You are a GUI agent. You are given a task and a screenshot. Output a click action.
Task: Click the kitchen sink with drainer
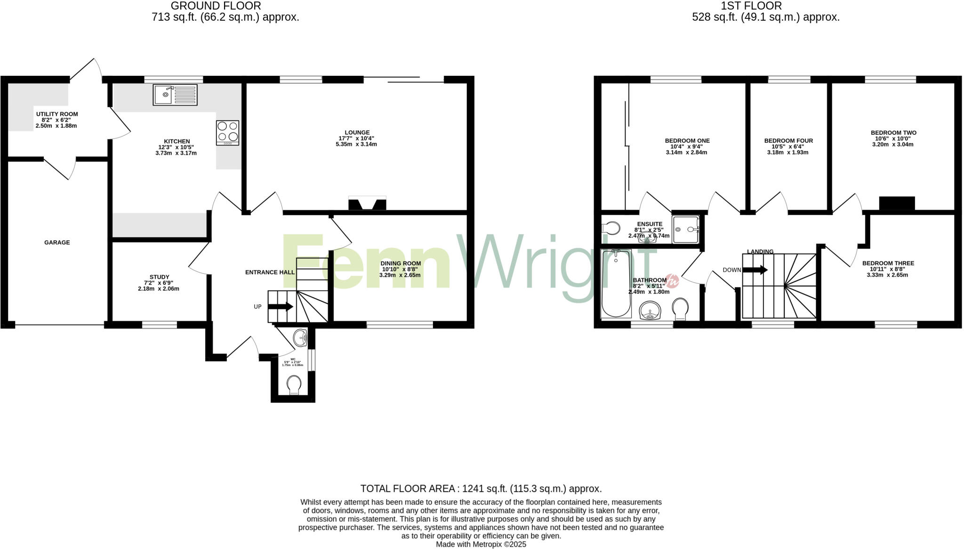tap(175, 95)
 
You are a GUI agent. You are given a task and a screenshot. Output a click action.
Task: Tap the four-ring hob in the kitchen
tap(227, 133)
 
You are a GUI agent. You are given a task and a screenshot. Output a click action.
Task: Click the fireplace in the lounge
tap(367, 204)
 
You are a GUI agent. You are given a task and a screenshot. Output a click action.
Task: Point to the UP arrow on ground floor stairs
tap(281, 306)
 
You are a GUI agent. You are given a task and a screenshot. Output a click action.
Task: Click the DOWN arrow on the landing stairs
tap(755, 270)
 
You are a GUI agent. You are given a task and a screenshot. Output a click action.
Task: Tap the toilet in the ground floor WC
tap(294, 385)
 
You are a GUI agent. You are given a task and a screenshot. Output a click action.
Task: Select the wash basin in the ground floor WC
tap(300, 337)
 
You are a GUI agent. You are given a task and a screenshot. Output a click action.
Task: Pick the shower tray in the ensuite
tap(685, 229)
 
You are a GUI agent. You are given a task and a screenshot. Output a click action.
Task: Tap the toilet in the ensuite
tap(611, 229)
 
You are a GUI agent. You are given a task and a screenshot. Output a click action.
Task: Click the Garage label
tap(57, 243)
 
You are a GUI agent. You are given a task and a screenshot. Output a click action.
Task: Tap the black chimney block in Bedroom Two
tap(897, 203)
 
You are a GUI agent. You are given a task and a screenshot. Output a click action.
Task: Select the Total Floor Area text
tap(481, 489)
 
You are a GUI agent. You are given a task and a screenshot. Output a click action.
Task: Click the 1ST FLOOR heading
tap(751, 6)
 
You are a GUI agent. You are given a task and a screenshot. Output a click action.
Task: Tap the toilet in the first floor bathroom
tap(680, 308)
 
